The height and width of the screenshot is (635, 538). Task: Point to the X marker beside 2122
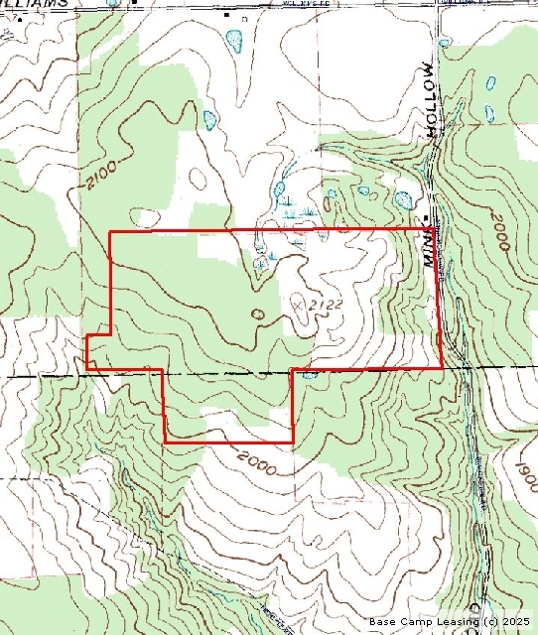click(x=300, y=305)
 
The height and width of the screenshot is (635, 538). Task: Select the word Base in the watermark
click(x=384, y=622)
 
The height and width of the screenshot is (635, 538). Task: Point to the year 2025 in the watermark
click(x=518, y=622)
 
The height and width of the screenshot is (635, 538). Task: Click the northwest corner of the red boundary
click(x=109, y=232)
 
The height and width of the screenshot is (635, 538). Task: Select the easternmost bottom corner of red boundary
click(x=441, y=367)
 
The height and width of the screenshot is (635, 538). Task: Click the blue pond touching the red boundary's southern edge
click(x=310, y=374)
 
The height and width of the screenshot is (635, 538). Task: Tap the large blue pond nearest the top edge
click(x=235, y=42)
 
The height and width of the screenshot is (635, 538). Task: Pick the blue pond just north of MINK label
click(x=404, y=199)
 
